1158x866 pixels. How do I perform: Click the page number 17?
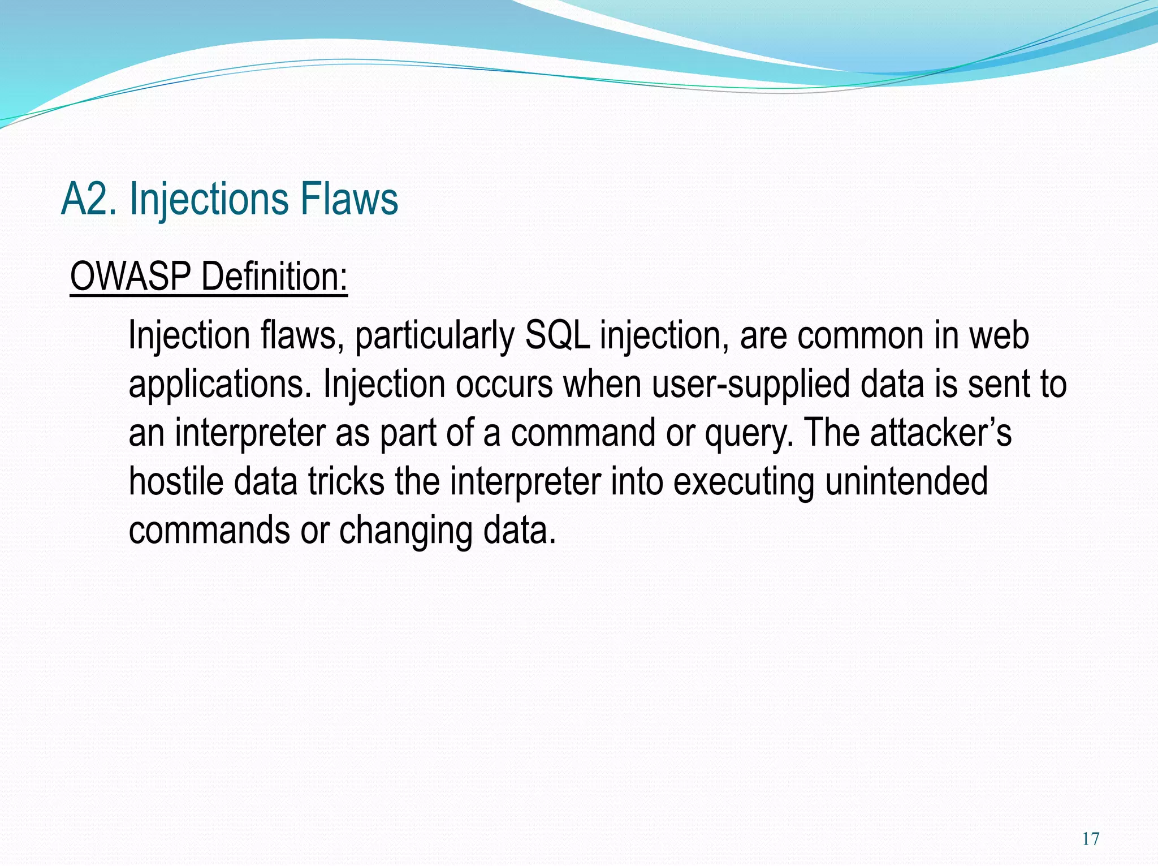click(1091, 839)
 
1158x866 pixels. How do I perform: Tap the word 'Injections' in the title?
click(209, 201)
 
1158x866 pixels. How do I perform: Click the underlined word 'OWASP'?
click(131, 277)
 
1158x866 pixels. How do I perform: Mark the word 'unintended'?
click(906, 481)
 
